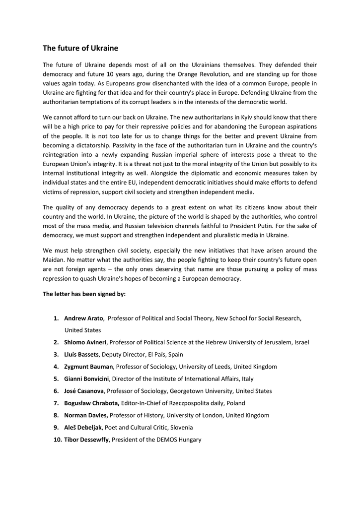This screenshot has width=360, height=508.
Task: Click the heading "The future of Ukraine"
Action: coord(80,48)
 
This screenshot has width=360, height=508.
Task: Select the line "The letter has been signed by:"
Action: coord(84,294)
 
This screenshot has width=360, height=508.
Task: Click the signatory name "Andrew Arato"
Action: coord(83,318)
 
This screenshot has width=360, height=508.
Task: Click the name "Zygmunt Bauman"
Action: coord(88,367)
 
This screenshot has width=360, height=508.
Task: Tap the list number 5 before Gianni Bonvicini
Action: coord(57,379)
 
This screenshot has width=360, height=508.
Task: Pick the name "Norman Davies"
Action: coord(86,415)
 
